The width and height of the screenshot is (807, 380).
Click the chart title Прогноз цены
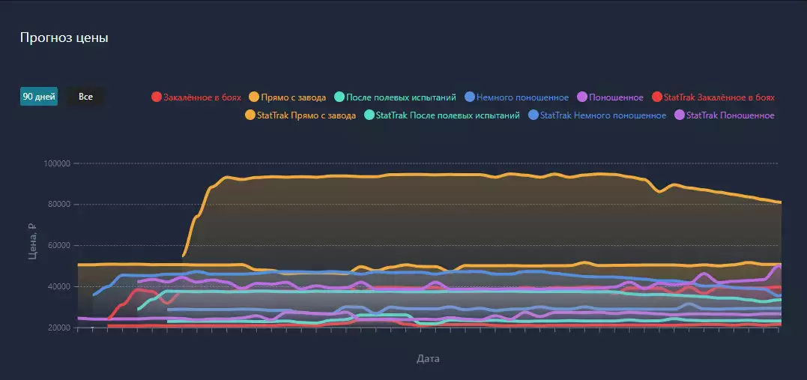tap(64, 38)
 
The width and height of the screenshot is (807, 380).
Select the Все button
tap(85, 97)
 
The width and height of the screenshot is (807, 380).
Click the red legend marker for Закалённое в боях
tap(157, 97)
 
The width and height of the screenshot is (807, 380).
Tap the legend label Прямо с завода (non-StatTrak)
tap(293, 97)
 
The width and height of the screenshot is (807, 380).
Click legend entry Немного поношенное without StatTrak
tap(522, 97)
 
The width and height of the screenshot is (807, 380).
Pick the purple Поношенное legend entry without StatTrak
tap(616, 97)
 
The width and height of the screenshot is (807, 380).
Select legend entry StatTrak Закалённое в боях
tap(719, 97)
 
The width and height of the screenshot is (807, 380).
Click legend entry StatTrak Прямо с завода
tap(306, 115)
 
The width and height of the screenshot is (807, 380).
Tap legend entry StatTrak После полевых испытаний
tap(447, 115)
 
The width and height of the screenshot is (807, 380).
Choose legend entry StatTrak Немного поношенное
tap(602, 115)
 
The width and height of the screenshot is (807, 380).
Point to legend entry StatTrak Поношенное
tap(730, 115)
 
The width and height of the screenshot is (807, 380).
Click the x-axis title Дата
tap(428, 359)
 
